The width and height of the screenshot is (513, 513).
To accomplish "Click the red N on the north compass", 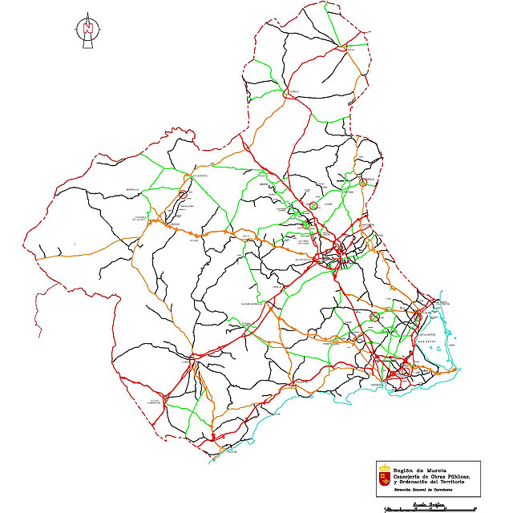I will tap(87, 28).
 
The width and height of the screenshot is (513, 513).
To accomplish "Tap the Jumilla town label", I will tap(293, 91).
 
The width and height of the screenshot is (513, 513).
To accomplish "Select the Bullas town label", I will tap(193, 239).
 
